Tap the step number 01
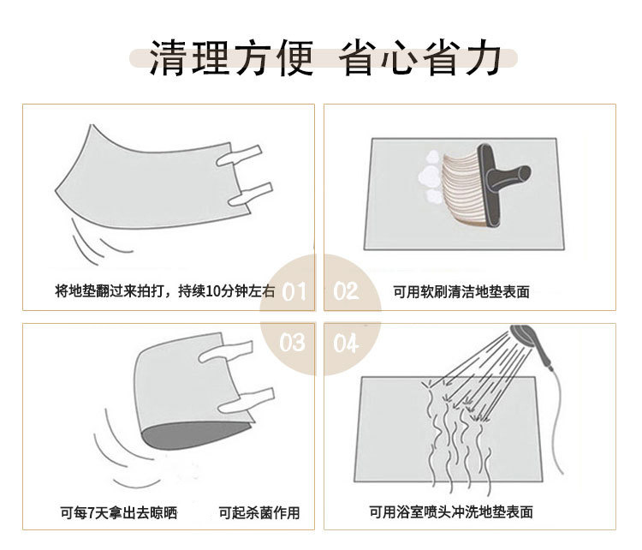point(293,292)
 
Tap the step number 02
point(346,292)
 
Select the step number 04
point(346,344)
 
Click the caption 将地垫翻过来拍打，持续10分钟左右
point(165,292)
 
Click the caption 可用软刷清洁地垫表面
point(461,292)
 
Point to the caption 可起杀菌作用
point(259,513)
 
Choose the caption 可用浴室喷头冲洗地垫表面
point(451,512)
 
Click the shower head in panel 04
point(529,336)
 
